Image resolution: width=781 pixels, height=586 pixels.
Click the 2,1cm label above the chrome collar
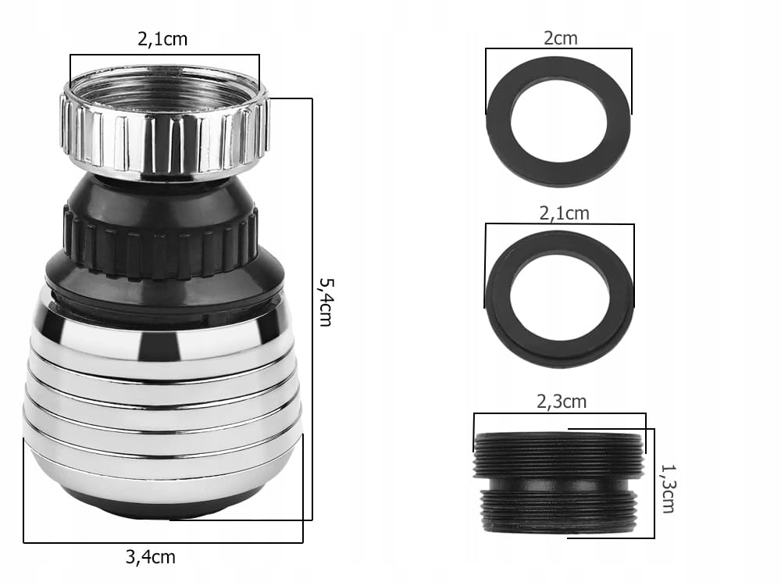tap(162, 38)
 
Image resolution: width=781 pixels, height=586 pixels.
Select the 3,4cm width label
tap(150, 558)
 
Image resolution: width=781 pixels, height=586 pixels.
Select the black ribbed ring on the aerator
tap(160, 234)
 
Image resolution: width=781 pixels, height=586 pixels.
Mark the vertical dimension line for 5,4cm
tap(312, 313)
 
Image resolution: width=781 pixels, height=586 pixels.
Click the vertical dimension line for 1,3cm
tap(654, 484)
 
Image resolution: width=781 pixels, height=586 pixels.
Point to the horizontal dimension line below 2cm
tap(558, 49)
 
